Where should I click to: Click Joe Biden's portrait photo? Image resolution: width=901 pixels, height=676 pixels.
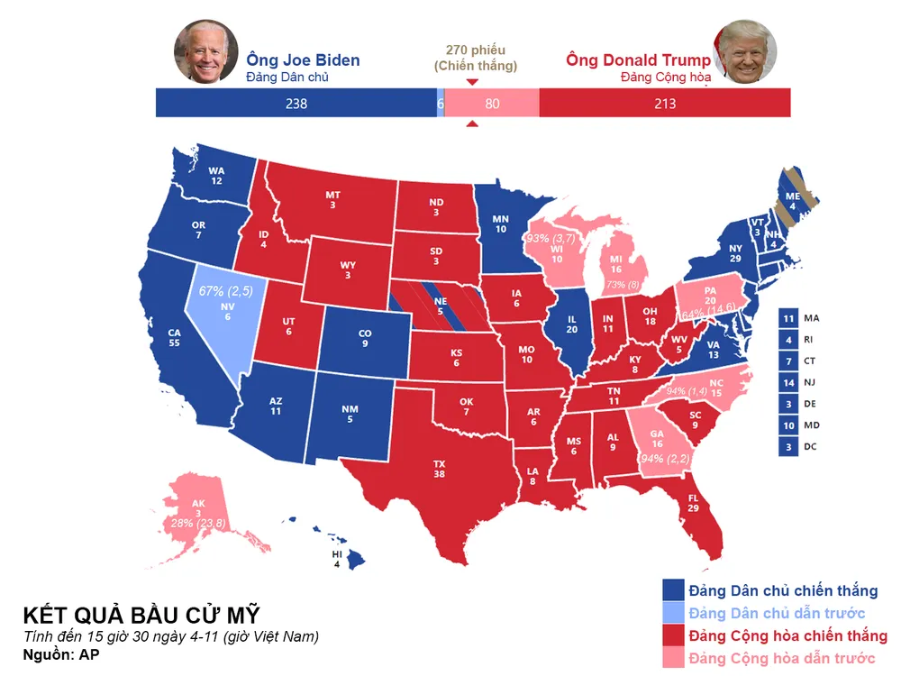tap(205, 51)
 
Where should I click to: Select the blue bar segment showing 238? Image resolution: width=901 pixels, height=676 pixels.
tap(296, 104)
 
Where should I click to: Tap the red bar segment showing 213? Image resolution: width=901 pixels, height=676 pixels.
tap(665, 104)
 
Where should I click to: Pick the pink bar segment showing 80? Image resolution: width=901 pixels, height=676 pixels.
tap(492, 104)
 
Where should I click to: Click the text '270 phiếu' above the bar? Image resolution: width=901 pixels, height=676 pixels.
tap(476, 50)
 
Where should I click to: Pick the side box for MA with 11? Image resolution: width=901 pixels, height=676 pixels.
tap(788, 318)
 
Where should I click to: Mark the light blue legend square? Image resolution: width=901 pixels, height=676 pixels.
tap(672, 614)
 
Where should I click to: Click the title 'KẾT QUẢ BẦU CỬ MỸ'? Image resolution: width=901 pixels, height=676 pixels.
tap(141, 617)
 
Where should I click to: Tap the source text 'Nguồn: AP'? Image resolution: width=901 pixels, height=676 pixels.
tap(61, 655)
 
